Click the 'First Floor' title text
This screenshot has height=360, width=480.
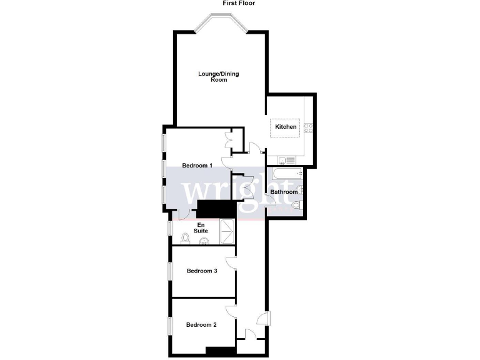(x=239, y=3)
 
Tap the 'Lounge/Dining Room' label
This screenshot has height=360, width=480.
(x=219, y=77)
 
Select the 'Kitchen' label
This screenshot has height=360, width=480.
(x=286, y=127)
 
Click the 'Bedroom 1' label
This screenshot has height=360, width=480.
(x=197, y=166)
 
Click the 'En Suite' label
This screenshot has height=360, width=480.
(x=201, y=228)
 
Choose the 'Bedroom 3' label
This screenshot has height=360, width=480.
(x=202, y=271)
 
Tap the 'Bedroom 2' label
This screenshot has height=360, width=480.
(x=201, y=324)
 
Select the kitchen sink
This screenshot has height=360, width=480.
(x=284, y=160)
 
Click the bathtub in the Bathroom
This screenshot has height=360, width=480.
(x=285, y=174)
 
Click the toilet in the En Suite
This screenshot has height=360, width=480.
(x=185, y=238)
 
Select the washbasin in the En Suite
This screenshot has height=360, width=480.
(x=203, y=242)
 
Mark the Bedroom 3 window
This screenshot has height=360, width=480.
(x=169, y=271)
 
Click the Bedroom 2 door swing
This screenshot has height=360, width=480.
(x=231, y=311)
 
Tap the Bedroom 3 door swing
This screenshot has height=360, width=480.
(x=231, y=262)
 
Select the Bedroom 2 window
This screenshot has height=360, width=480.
(x=169, y=326)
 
